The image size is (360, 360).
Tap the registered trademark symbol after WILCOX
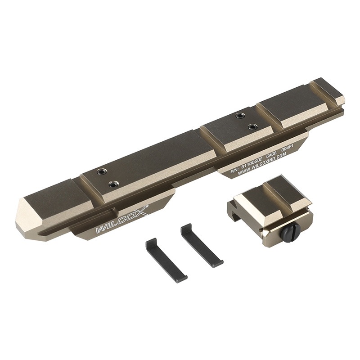[147, 207]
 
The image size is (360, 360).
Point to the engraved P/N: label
[235, 171]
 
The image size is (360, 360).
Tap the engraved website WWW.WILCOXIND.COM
[262, 164]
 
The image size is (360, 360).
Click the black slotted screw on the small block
[287, 232]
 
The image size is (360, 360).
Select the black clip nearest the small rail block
[201, 246]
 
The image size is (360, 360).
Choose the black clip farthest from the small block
[166, 260]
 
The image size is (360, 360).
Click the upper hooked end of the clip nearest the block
[185, 227]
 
